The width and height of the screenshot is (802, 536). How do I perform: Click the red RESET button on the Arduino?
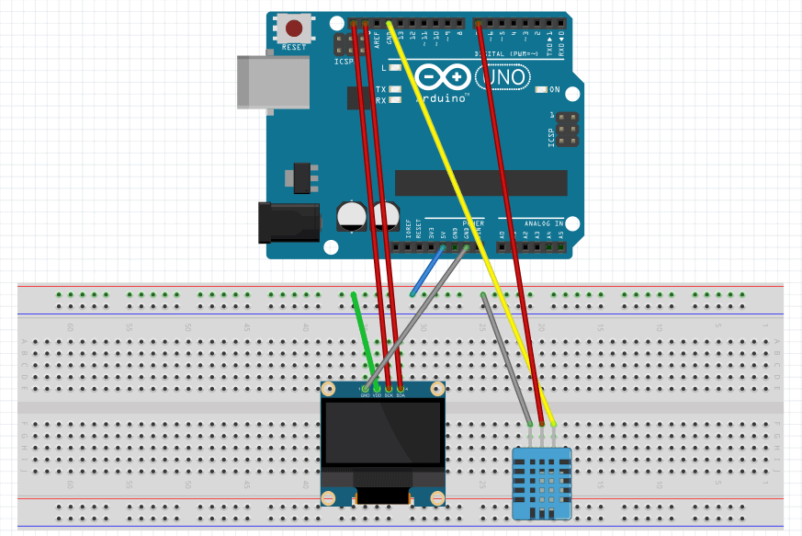(x=294, y=29)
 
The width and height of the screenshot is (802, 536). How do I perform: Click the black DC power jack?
(x=288, y=222)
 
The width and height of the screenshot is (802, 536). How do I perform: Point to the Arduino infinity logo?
(x=441, y=76)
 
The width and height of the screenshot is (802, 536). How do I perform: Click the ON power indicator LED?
(x=541, y=89)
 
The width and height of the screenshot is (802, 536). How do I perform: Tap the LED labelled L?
(x=395, y=67)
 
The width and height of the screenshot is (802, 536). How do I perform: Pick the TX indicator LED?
(x=395, y=89)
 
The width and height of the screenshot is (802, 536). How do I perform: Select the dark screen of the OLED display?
(x=382, y=431)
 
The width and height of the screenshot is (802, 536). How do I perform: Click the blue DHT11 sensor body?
(x=541, y=483)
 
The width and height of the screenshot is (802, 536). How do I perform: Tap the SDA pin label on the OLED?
(x=401, y=395)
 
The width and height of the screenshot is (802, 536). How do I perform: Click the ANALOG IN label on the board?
(x=545, y=223)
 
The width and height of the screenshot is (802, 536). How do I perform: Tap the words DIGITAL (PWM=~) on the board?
(x=503, y=54)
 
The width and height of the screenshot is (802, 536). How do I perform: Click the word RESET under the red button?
(x=294, y=47)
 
